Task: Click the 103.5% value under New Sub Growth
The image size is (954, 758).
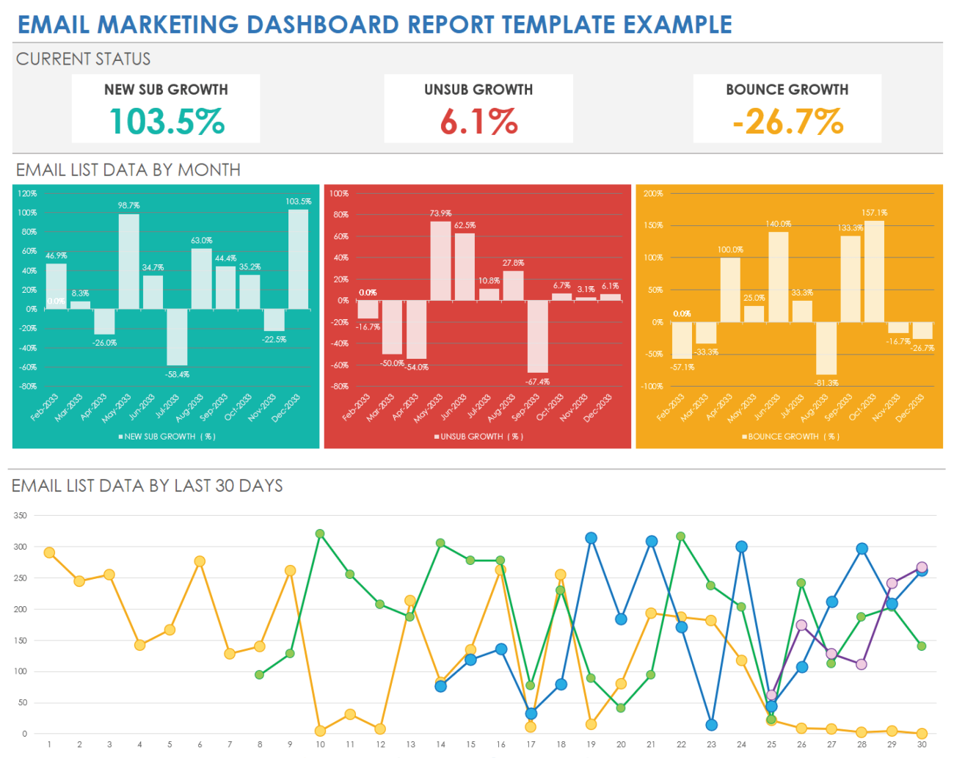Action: pyautogui.click(x=167, y=122)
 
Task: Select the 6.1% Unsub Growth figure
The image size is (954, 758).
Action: pyautogui.click(x=478, y=122)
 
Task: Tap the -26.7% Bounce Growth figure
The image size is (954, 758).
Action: pyautogui.click(x=787, y=122)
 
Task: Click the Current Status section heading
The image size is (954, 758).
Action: pyautogui.click(x=83, y=59)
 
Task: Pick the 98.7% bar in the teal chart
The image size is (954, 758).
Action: pyautogui.click(x=128, y=261)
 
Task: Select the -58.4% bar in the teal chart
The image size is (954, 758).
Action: pyautogui.click(x=177, y=337)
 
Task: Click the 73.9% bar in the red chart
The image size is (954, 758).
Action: pyautogui.click(x=440, y=261)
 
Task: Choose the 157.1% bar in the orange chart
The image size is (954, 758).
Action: pyautogui.click(x=874, y=272)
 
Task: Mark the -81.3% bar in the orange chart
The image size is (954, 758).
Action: pyautogui.click(x=826, y=349)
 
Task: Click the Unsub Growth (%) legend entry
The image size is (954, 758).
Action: pyautogui.click(x=478, y=437)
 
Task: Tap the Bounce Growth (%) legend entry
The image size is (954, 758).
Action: pyautogui.click(x=790, y=437)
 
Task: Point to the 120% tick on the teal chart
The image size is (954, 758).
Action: pyautogui.click(x=27, y=194)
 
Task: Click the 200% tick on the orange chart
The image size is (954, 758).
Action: pyautogui.click(x=653, y=194)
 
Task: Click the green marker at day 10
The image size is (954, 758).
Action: pyautogui.click(x=320, y=534)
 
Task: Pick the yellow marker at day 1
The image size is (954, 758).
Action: pyautogui.click(x=49, y=553)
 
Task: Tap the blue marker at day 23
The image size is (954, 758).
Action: pyautogui.click(x=711, y=725)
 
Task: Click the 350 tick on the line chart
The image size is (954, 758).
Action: pyautogui.click(x=20, y=516)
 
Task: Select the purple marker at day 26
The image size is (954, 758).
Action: pyautogui.click(x=801, y=625)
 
